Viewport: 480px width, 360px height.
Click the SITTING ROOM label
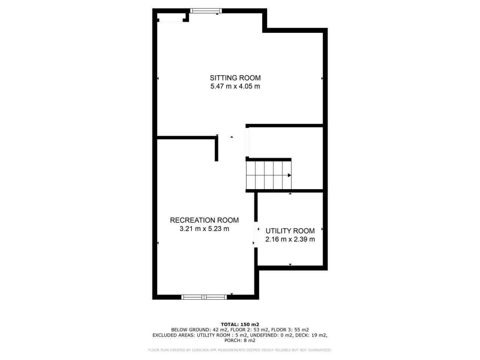[235, 78]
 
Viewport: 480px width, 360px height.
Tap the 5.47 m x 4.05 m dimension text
[235, 86]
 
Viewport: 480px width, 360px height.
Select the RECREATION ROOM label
[204, 220]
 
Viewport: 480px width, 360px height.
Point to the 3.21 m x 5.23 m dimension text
[204, 229]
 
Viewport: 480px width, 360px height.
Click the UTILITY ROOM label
[290, 231]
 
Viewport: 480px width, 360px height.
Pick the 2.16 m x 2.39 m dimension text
[290, 239]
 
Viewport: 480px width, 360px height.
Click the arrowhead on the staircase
[289, 175]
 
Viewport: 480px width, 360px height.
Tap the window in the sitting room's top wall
[206, 11]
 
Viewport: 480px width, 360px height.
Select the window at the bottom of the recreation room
[204, 297]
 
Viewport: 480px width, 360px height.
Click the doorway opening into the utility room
[256, 235]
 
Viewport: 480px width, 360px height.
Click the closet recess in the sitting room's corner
[171, 17]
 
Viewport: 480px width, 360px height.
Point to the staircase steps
[268, 175]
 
